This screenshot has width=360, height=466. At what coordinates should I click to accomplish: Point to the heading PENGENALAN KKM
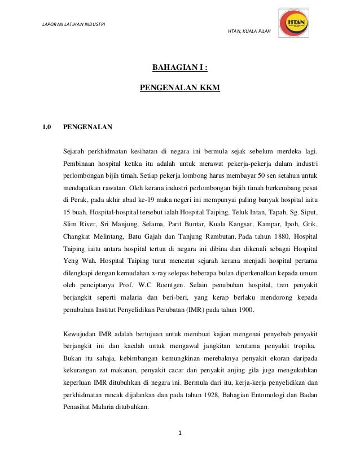point(180,89)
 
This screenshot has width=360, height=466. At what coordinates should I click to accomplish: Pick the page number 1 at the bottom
point(180,433)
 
